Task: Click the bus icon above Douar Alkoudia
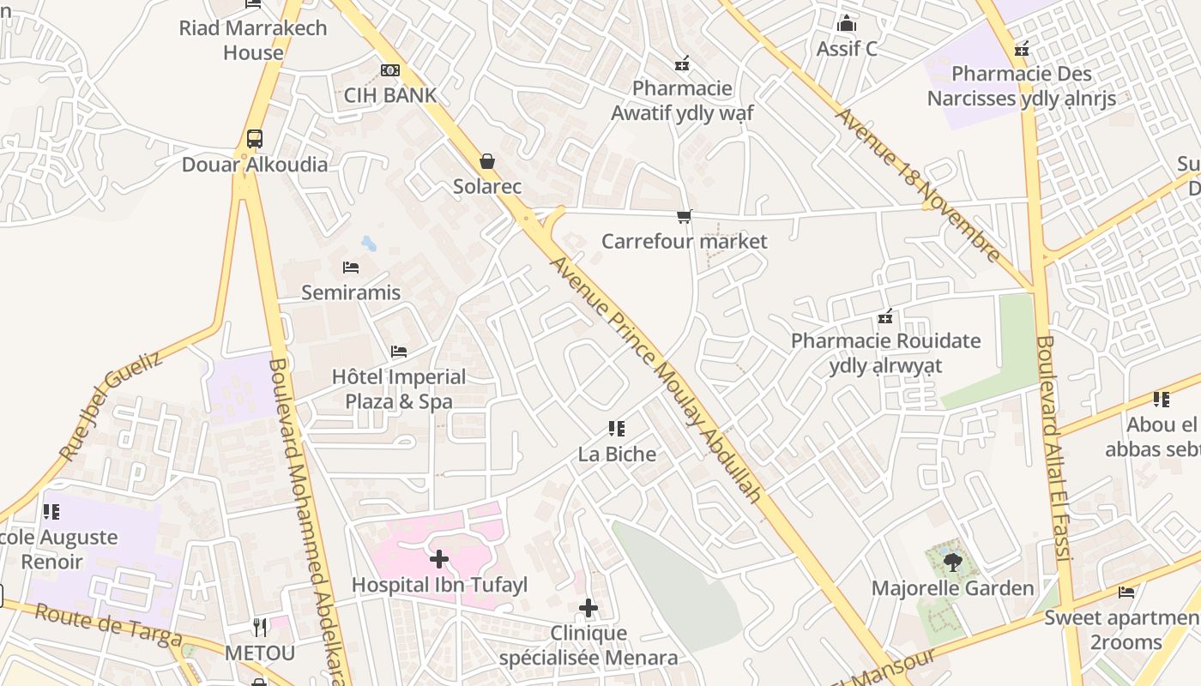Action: [x=254, y=139]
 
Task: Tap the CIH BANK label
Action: [x=390, y=95]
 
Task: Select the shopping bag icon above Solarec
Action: [x=487, y=161]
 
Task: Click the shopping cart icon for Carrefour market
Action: [x=684, y=216]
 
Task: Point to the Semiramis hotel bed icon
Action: [x=350, y=268]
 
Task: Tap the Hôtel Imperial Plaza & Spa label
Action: [x=399, y=389]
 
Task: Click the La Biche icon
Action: [x=616, y=429]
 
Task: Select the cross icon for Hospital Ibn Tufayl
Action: [x=439, y=559]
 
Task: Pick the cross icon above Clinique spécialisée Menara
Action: [x=588, y=608]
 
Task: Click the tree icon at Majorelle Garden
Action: [x=952, y=563]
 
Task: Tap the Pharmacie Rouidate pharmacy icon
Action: [x=885, y=317]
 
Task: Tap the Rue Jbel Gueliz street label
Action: [x=111, y=406]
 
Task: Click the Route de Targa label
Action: [x=108, y=625]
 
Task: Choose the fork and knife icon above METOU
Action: [x=260, y=628]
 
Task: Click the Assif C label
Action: [x=847, y=49]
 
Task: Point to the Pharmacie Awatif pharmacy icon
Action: [x=682, y=63]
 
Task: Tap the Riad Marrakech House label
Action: [x=253, y=39]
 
